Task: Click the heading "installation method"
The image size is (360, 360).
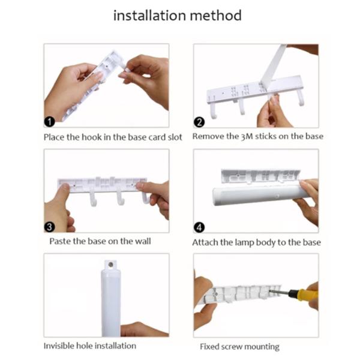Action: point(178,15)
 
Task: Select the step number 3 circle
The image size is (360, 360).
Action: point(50,227)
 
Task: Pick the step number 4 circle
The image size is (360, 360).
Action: point(200,227)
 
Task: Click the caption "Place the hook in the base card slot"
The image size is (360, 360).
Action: point(113,136)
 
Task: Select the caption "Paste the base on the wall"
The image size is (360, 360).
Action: point(101,242)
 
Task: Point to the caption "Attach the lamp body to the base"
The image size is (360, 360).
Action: point(256,242)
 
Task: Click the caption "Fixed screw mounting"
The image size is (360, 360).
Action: point(239,347)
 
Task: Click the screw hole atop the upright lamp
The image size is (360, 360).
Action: point(110,263)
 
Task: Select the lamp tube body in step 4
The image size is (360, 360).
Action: point(252,193)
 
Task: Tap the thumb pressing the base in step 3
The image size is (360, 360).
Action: point(61,199)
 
